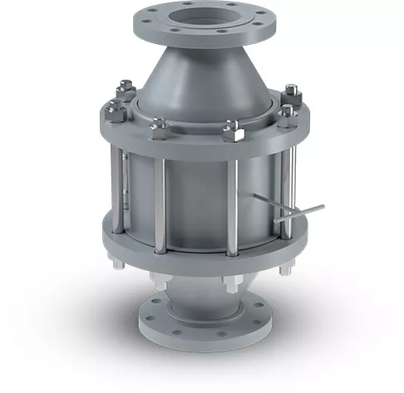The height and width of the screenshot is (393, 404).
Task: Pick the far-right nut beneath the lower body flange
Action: pos(285,268)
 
